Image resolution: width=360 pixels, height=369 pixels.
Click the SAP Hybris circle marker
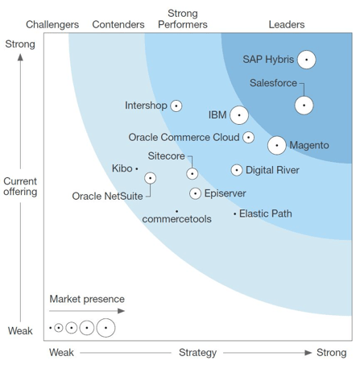point(306,60)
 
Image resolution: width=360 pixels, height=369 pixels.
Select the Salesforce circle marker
point(304,105)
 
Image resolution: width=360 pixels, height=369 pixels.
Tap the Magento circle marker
point(276,145)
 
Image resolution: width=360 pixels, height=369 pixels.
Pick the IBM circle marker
point(239,115)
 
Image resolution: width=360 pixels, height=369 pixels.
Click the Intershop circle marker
point(176,106)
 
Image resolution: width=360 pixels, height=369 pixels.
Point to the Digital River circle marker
point(237,170)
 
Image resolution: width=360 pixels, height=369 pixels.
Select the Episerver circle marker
point(195,193)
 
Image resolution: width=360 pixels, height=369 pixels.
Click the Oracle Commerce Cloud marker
point(249,138)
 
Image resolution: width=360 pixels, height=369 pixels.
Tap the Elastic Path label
point(266,214)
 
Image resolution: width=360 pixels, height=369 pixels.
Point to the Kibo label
point(122,168)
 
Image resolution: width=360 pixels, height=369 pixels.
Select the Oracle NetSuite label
point(107,196)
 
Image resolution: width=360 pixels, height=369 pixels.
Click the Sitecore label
point(167,155)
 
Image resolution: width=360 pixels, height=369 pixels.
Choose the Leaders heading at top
point(286,25)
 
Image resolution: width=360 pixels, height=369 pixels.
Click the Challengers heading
point(52,25)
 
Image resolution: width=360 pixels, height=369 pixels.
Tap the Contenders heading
point(118,25)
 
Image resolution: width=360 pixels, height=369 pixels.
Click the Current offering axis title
point(20,186)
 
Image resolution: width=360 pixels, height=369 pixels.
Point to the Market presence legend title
point(82,299)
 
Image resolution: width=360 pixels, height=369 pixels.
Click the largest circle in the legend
point(106,328)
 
